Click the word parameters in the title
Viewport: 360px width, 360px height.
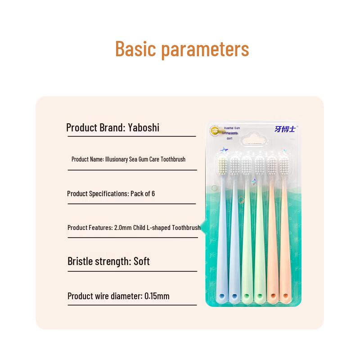tap(205, 49)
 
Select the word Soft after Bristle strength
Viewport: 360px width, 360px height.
tap(142, 261)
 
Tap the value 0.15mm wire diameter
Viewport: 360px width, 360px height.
tap(157, 296)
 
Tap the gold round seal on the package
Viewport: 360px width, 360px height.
tap(216, 131)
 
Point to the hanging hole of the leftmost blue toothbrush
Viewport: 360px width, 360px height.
tap(222, 296)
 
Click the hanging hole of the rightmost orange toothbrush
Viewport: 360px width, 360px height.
tap(285, 296)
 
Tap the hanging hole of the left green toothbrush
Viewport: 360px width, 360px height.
tap(246, 296)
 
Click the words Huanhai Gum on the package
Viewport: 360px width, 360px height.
tap(232, 128)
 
